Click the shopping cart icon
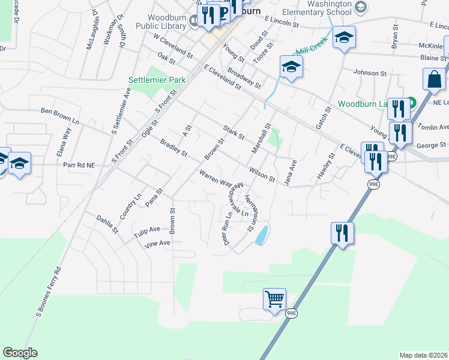click(274, 298)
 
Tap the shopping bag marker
click(434, 80)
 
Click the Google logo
click(20, 353)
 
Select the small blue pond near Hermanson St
click(261, 236)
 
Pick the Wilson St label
click(262, 174)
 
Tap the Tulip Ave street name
click(146, 230)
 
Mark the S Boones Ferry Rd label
click(49, 291)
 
